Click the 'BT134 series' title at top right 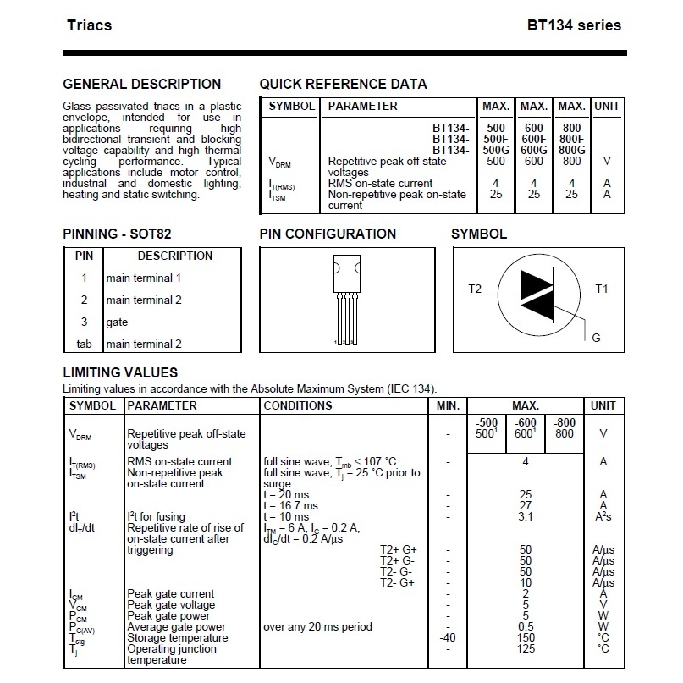pyautogui.click(x=574, y=25)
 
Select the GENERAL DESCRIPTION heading pyautogui.click(x=142, y=84)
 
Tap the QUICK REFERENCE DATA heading pyautogui.click(x=344, y=84)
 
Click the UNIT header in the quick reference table pyautogui.click(x=607, y=107)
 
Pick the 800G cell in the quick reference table pyautogui.click(x=571, y=150)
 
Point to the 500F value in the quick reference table pyautogui.click(x=496, y=139)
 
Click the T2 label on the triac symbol pyautogui.click(x=475, y=289)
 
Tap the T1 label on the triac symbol pyautogui.click(x=601, y=289)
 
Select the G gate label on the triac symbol pyautogui.click(x=597, y=338)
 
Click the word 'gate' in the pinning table pyautogui.click(x=117, y=322)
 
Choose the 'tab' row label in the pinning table pyautogui.click(x=84, y=344)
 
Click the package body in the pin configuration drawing pyautogui.click(x=347, y=273)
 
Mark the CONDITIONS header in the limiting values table pyautogui.click(x=298, y=406)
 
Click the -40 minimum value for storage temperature pyautogui.click(x=448, y=637)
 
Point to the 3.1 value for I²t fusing pyautogui.click(x=526, y=516)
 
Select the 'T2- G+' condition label pyautogui.click(x=397, y=583)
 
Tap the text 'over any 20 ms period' pyautogui.click(x=317, y=627)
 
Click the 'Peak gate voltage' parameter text pyautogui.click(x=171, y=605)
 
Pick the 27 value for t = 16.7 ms pyautogui.click(x=526, y=506)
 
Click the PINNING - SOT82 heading pyautogui.click(x=117, y=234)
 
